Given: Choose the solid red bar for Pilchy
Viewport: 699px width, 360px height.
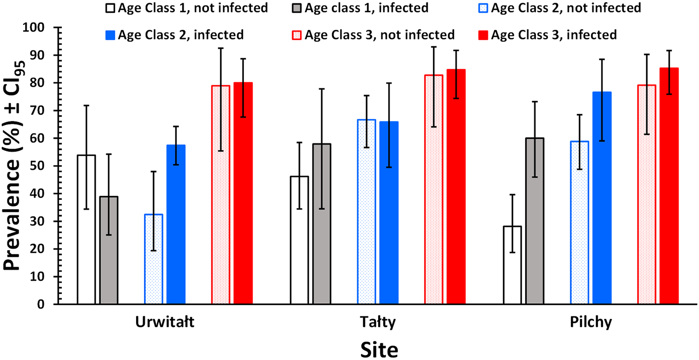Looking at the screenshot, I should (x=669, y=186).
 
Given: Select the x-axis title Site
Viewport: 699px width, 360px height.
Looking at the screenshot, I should (x=379, y=349).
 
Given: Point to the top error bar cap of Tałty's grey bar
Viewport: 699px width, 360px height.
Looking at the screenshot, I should (x=322, y=89).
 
